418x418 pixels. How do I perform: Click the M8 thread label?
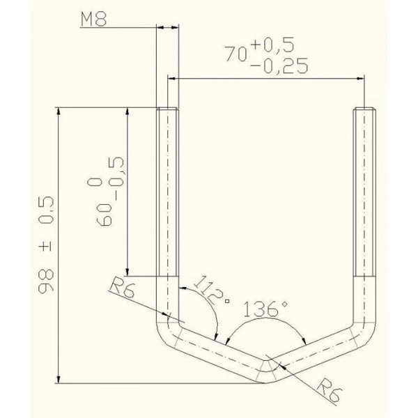click(93, 20)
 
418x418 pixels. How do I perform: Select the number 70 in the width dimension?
click(235, 54)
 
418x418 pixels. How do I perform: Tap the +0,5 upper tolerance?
click(272, 45)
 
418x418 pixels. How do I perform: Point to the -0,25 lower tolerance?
click(279, 65)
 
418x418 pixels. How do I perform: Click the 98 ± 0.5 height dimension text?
click(46, 245)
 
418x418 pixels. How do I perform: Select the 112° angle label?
click(208, 291)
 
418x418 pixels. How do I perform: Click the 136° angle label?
click(266, 309)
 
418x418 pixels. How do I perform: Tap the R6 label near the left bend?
click(121, 287)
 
